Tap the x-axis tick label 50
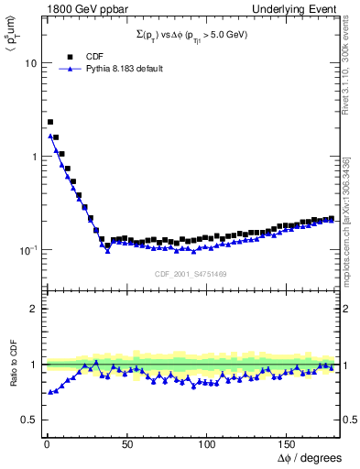[125, 444]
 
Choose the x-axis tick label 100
[206, 444]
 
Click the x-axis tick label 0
[45, 444]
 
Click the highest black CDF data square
[49, 122]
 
